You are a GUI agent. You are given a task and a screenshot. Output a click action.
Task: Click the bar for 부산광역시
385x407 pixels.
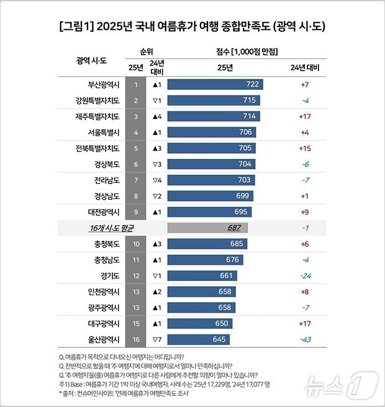click(x=215, y=84)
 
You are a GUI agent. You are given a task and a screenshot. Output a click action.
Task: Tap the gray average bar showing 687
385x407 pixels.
click(x=207, y=228)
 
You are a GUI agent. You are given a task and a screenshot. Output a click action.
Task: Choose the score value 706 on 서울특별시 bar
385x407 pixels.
click(x=245, y=132)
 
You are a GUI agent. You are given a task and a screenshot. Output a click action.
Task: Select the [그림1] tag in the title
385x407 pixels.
click(x=77, y=26)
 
